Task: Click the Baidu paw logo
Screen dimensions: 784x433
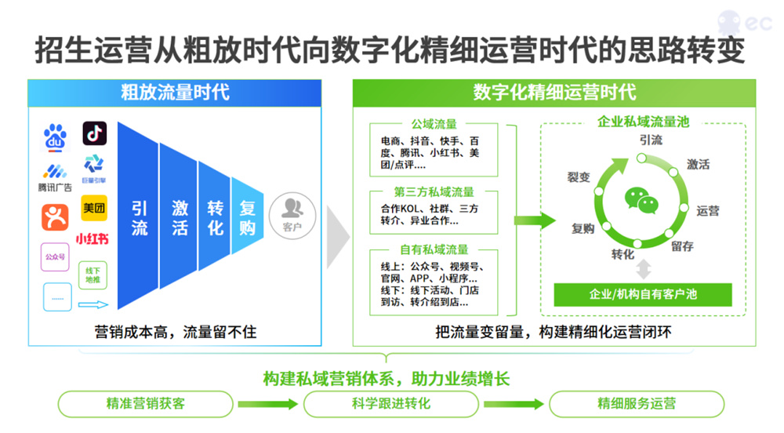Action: coord(55,137)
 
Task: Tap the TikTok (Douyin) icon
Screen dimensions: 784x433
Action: coord(95,133)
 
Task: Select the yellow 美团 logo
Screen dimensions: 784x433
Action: coord(94,208)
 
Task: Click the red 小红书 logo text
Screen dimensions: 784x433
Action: coord(92,238)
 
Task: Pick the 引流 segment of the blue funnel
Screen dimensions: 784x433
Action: coord(139,216)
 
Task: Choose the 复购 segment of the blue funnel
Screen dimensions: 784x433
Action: coord(248,216)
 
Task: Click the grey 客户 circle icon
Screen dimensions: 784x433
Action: coord(292,216)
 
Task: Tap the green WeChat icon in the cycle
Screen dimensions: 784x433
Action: coord(641,201)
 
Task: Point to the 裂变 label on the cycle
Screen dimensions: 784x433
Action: coord(579,176)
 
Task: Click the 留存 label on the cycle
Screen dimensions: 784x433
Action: coord(682,246)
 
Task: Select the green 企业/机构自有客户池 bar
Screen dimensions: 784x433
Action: coord(643,294)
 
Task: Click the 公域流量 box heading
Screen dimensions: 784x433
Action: coord(434,123)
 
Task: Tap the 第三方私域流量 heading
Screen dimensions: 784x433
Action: coord(434,191)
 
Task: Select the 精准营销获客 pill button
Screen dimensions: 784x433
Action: coord(146,404)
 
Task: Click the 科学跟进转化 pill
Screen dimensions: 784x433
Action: coord(391,404)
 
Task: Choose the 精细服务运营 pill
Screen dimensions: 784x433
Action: coord(637,404)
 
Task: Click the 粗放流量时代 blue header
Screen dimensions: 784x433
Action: coord(175,93)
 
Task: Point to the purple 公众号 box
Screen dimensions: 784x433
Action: coord(55,257)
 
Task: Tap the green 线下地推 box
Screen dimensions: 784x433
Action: coord(93,275)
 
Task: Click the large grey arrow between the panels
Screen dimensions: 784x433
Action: coord(337,237)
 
